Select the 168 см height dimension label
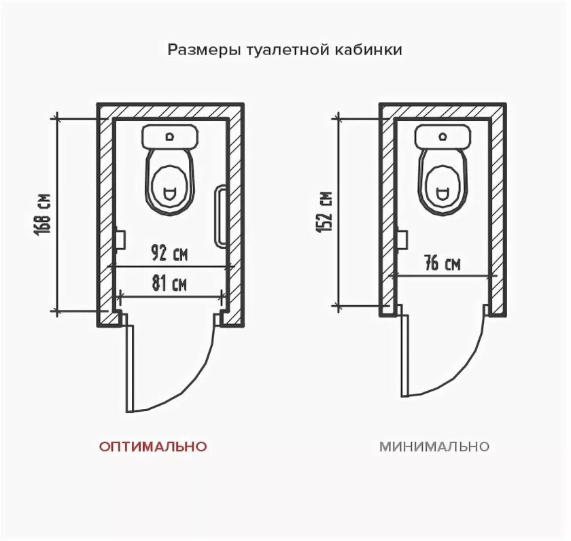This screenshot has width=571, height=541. tap(44, 213)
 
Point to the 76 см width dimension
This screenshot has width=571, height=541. tap(442, 264)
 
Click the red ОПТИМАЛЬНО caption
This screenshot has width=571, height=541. tap(153, 447)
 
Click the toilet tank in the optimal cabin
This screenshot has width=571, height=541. tap(171, 137)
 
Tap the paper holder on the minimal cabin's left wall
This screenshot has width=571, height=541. tap(402, 239)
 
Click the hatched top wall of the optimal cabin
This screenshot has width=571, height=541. tap(170, 111)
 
